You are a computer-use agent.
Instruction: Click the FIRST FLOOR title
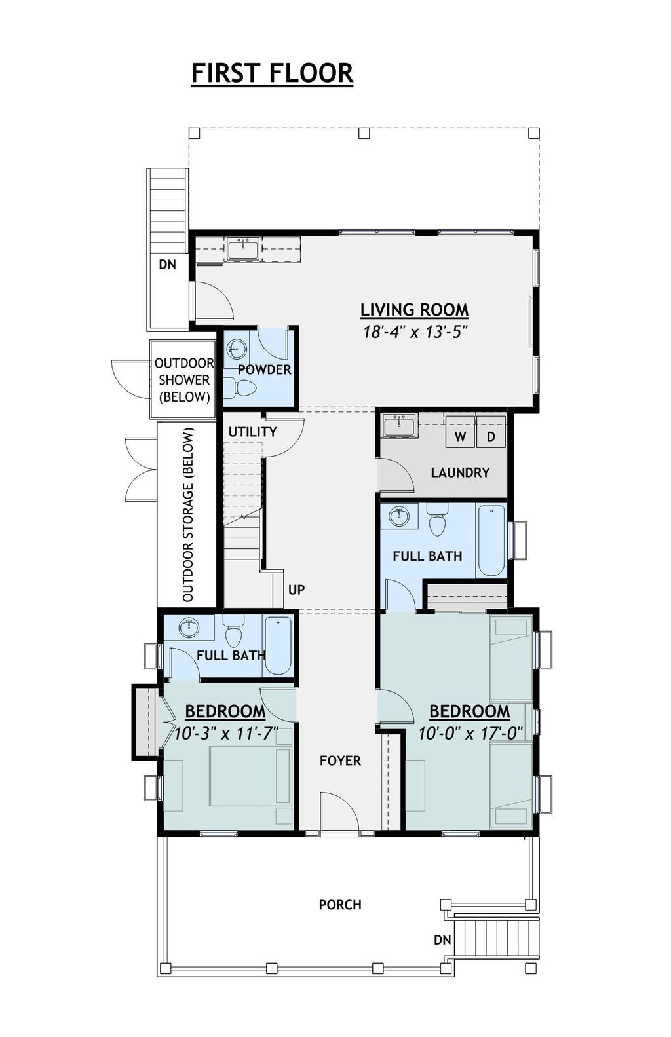coord(272,73)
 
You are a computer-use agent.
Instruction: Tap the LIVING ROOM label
coord(414,309)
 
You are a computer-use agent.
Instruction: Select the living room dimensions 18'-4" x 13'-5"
coord(414,331)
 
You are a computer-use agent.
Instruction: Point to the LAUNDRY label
coord(460,472)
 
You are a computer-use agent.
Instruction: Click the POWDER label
coord(264,369)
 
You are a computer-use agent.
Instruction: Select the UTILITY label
coord(252,432)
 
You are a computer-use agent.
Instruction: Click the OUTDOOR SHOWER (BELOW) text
coord(184,380)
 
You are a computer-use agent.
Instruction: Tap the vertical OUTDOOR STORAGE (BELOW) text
coord(189,515)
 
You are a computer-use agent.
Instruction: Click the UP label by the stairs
coord(296,590)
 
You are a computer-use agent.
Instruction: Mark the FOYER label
coord(340,761)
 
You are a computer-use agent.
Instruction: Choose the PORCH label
coord(340,905)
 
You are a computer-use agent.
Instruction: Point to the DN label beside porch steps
coord(442,940)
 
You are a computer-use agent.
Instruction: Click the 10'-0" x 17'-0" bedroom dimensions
coord(470,733)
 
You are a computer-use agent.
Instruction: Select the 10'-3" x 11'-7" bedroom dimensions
coord(226,733)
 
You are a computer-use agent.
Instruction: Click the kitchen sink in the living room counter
coord(242,249)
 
